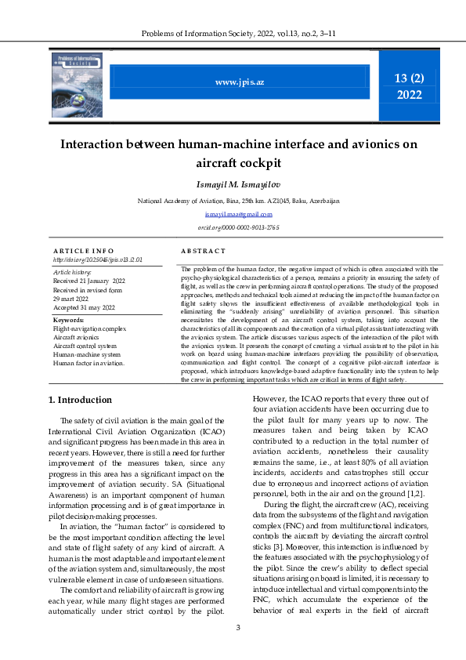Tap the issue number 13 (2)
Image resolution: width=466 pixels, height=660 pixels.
[x=409, y=77]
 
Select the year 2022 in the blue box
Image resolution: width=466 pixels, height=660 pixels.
[x=409, y=95]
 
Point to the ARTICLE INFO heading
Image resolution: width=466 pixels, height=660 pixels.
[x=79, y=250]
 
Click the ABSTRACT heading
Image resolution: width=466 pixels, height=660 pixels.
[x=203, y=250]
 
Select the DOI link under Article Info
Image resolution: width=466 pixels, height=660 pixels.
[x=97, y=259]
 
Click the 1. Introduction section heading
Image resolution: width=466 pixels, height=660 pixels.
[x=80, y=400]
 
